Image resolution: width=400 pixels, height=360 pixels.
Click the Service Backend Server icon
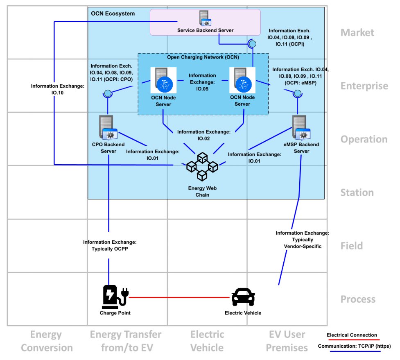[x=205, y=18]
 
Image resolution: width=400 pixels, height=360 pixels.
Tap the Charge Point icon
[x=115, y=297]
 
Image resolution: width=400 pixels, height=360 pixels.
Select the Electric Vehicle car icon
[x=243, y=297]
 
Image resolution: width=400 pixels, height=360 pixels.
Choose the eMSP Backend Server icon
[x=301, y=127]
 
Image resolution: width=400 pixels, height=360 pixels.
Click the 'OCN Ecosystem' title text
[x=113, y=14]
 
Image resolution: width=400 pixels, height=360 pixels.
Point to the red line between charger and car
[x=179, y=297]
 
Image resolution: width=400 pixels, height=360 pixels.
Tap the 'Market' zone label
[x=357, y=32]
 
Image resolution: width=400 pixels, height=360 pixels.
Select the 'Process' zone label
[x=358, y=299]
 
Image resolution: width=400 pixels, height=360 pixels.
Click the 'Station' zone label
[x=357, y=192]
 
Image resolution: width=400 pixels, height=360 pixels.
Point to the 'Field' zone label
[x=352, y=246]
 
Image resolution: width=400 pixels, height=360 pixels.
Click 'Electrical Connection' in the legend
[x=352, y=335]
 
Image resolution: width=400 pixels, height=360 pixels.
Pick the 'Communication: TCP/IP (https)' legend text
[x=354, y=346]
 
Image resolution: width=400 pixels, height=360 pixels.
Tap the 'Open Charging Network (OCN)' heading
[x=203, y=57]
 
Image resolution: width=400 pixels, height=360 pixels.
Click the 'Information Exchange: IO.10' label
[x=58, y=89]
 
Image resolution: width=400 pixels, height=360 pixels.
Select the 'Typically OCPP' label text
[x=110, y=249]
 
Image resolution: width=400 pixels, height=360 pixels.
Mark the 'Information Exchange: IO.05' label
[x=202, y=82]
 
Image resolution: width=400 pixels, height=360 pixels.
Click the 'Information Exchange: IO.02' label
[x=204, y=135]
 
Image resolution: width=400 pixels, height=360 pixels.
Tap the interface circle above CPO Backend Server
[x=108, y=93]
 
